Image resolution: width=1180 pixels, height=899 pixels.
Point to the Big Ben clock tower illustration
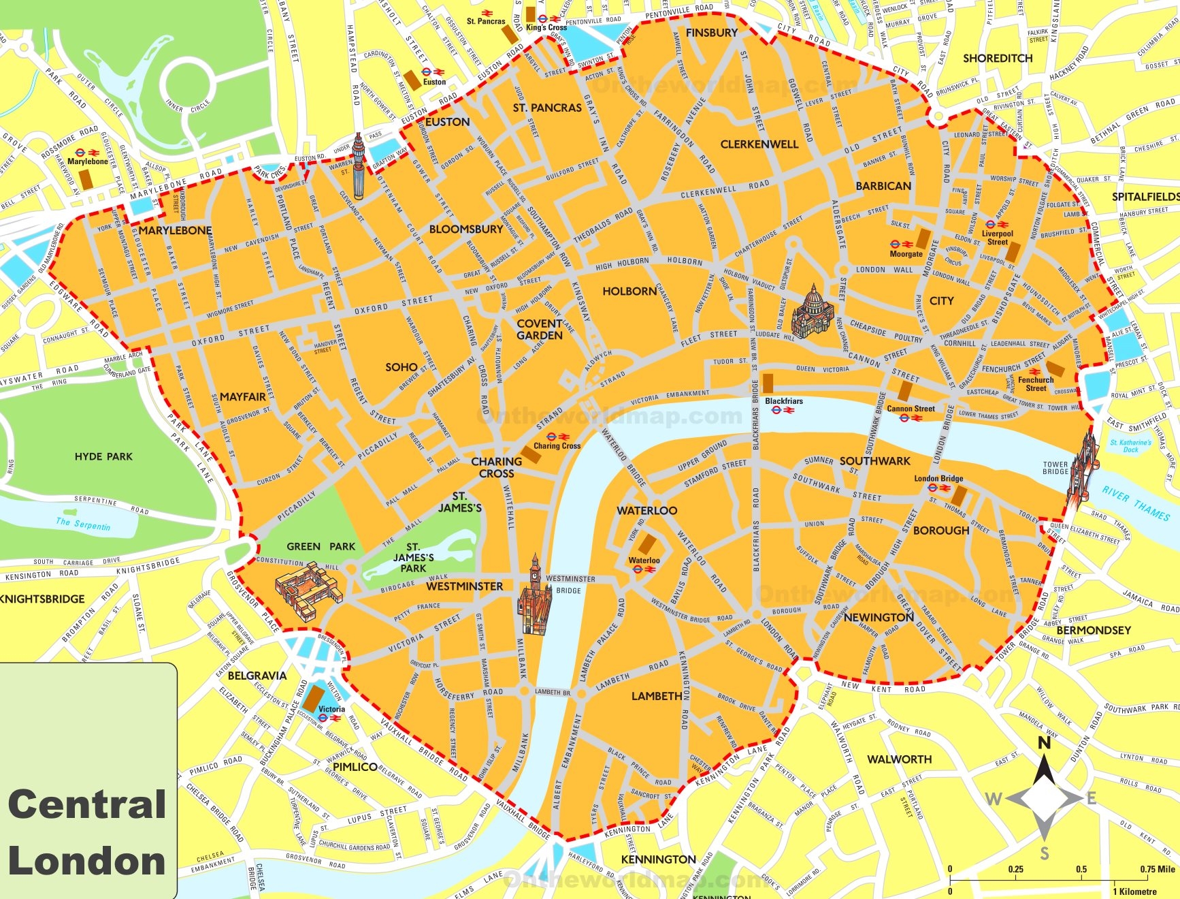click(x=535, y=595)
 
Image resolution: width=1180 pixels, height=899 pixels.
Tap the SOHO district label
click(x=401, y=367)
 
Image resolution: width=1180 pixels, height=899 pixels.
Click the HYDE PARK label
click(x=103, y=456)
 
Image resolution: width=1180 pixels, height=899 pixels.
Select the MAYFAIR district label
click(x=243, y=396)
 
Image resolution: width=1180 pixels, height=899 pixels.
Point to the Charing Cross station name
click(x=557, y=445)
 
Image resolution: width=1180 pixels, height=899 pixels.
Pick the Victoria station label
click(x=331, y=709)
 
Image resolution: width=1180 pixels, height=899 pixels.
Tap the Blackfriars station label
click(x=783, y=401)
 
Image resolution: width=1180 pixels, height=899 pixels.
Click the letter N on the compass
click(x=1044, y=743)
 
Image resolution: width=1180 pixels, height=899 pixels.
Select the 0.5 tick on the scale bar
click(x=1081, y=869)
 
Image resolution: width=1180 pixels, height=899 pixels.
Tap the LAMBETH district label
click(x=656, y=696)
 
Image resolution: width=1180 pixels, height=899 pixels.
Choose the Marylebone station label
click(x=88, y=161)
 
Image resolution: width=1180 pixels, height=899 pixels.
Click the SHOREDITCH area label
click(x=997, y=59)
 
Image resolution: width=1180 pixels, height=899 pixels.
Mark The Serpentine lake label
click(x=82, y=524)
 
